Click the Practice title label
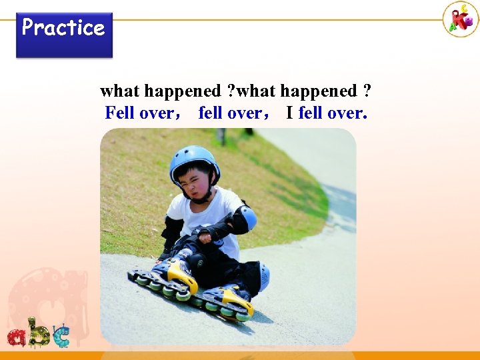pyautogui.click(x=63, y=28)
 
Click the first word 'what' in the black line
pyautogui.click(x=119, y=91)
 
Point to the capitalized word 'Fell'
pyautogui.click(x=120, y=113)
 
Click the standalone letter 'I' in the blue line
pyautogui.click(x=289, y=113)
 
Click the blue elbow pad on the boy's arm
pyautogui.click(x=247, y=218)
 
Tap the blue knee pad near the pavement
pyautogui.click(x=263, y=277)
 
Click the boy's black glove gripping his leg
pyautogui.click(x=200, y=233)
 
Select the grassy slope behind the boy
pyautogui.click(x=280, y=187)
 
